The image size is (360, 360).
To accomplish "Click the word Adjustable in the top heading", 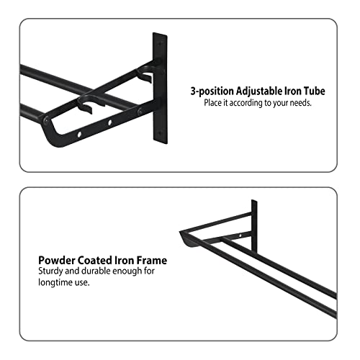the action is pyautogui.click(x=259, y=91).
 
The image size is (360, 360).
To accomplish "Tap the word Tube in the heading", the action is pyautogui.click(x=315, y=91).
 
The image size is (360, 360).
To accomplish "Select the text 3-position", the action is pyautogui.click(x=212, y=91).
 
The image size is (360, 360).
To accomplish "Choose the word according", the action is pyautogui.click(x=246, y=103).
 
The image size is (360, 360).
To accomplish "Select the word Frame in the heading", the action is pyautogui.click(x=152, y=261).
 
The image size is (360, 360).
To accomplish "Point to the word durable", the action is pyautogui.click(x=96, y=271).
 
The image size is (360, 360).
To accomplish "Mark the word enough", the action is pyautogui.click(x=127, y=271).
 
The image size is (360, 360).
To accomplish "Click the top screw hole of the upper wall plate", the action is pyautogui.click(x=159, y=44).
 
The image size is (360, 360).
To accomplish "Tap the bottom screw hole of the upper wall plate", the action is pyautogui.click(x=158, y=132).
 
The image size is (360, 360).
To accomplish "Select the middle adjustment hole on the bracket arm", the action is pyautogui.click(x=110, y=122).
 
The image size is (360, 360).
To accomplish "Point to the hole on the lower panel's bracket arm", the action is pyautogui.click(x=240, y=236).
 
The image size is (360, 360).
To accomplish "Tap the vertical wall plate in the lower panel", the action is pyautogui.click(x=254, y=226).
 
